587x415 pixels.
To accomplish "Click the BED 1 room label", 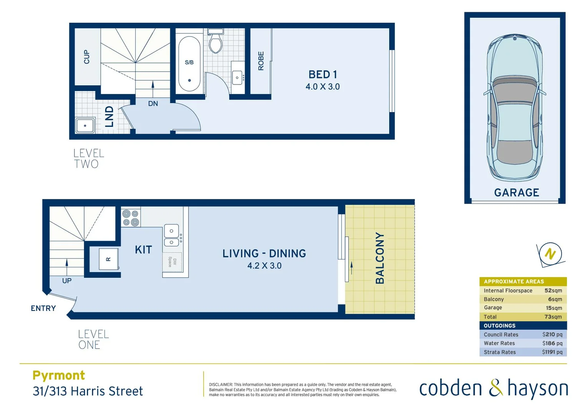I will click(322, 75).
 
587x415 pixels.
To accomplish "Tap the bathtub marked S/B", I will click(189, 63).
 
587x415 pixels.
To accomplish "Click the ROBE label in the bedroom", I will click(261, 61).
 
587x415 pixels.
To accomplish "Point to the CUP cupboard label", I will click(87, 57).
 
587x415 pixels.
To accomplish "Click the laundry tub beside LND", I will click(85, 125).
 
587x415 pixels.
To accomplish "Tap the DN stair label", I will click(153, 103).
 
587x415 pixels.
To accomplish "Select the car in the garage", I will click(515, 108).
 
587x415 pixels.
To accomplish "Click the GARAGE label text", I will click(516, 193).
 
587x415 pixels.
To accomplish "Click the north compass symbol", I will click(550, 254).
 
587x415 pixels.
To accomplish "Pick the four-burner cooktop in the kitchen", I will click(131, 218).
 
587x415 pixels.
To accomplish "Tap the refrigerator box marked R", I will click(109, 259).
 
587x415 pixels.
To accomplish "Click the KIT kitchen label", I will click(143, 250).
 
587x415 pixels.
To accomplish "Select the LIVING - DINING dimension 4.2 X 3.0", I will click(264, 266).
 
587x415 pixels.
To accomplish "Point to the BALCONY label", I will click(380, 258).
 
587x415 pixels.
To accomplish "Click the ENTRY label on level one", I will click(43, 308).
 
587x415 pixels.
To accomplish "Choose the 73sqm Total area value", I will click(553, 317).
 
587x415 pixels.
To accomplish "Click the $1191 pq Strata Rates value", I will click(552, 352).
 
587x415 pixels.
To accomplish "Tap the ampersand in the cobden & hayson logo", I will click(496, 388).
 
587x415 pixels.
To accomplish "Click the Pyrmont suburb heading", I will click(59, 375).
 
